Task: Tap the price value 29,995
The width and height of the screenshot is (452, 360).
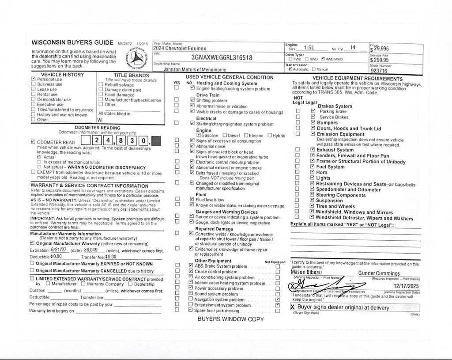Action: [x=380, y=49]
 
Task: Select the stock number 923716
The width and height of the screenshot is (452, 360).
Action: [x=379, y=71]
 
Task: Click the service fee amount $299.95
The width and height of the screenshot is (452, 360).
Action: [x=380, y=60]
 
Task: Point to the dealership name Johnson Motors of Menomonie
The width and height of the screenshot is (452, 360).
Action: [x=195, y=69]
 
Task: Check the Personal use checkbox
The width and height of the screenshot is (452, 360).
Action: [x=34, y=80]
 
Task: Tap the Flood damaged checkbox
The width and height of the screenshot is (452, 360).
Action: [x=101, y=95]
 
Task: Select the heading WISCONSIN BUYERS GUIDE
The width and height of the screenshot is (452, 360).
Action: [x=73, y=43]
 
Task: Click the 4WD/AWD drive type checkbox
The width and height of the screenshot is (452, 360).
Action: [x=324, y=59]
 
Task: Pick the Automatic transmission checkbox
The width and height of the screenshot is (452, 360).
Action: [x=290, y=69]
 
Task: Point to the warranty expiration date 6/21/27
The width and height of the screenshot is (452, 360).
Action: [x=58, y=250]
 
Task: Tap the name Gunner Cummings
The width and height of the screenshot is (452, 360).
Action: [x=379, y=273]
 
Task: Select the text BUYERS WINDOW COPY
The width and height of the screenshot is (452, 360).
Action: [x=230, y=319]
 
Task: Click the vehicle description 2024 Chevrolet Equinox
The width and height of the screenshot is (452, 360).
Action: [x=180, y=49]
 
